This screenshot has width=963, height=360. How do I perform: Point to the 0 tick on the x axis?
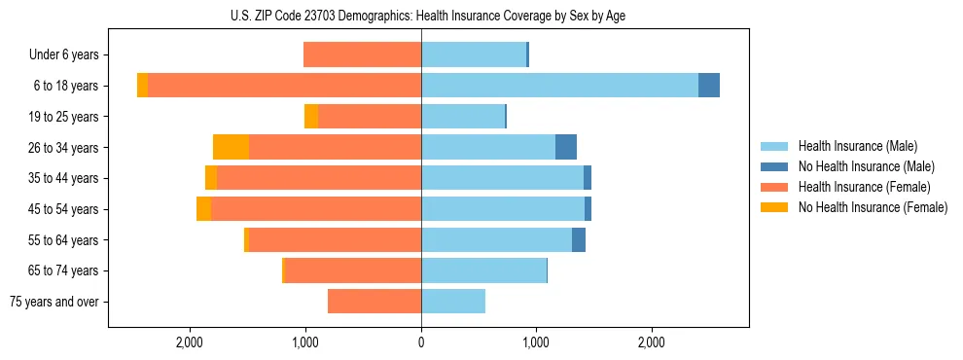[x=421, y=342]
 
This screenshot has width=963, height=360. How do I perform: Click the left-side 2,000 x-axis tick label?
[x=190, y=342]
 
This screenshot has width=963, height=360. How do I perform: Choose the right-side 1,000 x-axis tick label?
[x=536, y=342]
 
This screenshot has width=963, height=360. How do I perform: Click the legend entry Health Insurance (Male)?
[x=857, y=146]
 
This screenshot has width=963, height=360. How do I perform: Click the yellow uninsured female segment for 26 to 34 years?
[x=231, y=147]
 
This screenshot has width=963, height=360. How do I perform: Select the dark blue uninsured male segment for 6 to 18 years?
[x=709, y=86]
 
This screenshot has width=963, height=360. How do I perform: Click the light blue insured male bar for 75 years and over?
[x=453, y=302]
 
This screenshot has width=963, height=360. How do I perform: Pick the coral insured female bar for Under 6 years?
[x=362, y=54]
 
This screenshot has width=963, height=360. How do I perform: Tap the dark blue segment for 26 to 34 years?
[x=566, y=147]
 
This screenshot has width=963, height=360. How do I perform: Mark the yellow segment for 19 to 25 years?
[x=311, y=117]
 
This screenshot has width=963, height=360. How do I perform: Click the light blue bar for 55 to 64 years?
[x=496, y=239]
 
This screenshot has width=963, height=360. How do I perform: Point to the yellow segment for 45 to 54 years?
[x=203, y=209]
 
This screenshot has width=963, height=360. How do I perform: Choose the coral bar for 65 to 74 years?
[x=352, y=270]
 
